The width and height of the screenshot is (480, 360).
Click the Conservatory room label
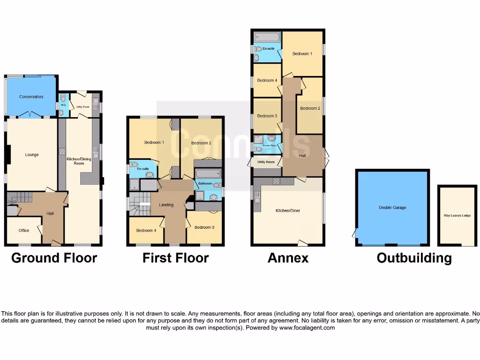[x=31, y=97]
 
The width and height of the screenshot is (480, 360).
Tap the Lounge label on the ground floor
[x=32, y=155]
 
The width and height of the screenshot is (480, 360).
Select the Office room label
[x=24, y=231]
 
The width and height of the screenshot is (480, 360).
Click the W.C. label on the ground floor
[x=63, y=105]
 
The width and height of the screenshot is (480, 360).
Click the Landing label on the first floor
[x=166, y=205]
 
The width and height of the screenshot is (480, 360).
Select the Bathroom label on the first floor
[x=205, y=183]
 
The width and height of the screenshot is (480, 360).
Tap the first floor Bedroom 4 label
[x=145, y=231]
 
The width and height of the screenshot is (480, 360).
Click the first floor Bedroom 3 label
[x=204, y=227]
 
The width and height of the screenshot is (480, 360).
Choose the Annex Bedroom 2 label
[x=310, y=108]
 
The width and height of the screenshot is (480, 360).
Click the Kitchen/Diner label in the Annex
[x=288, y=211]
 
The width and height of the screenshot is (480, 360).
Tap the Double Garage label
[x=393, y=208]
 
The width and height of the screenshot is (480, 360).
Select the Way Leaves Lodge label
[x=457, y=216]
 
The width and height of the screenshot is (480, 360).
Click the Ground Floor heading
[x=54, y=258]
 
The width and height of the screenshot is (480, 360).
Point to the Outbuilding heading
[x=414, y=258]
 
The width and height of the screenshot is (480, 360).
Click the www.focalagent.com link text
[x=307, y=328]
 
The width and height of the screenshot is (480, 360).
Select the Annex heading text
[x=288, y=258]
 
